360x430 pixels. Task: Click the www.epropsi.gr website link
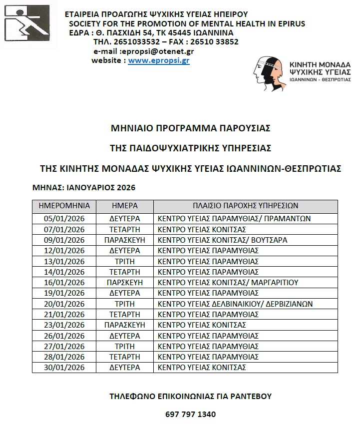[159, 61]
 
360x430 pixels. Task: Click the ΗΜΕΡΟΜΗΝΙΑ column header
[64, 206]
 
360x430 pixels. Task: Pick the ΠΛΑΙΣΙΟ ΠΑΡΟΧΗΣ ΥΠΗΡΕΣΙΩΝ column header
[245, 206]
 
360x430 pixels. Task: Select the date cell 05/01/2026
[64, 219]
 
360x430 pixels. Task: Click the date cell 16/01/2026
[64, 283]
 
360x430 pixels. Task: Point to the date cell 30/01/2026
[64, 368]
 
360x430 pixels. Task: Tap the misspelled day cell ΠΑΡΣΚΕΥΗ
[124, 283]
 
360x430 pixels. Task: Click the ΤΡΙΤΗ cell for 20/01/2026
[124, 304]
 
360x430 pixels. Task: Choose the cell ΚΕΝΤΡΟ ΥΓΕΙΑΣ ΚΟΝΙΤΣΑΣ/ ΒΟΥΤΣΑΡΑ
[222, 240]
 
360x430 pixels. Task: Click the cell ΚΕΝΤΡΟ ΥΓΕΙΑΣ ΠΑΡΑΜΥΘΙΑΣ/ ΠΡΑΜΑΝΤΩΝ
[234, 219]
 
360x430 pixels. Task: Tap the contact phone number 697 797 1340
[190, 415]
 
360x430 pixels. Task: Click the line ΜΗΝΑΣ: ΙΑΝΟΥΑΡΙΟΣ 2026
[83, 188]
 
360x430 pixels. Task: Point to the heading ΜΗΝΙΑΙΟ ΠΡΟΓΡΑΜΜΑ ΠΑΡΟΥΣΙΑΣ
[190, 128]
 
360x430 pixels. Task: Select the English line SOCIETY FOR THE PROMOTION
[187, 23]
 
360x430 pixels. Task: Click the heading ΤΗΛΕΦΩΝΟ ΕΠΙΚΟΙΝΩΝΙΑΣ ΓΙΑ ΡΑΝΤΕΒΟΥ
[190, 397]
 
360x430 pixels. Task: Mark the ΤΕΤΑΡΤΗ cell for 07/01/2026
[124, 230]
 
